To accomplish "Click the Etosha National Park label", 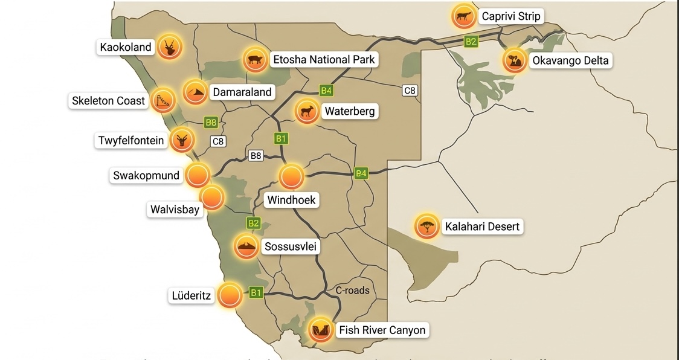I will tap(324, 59).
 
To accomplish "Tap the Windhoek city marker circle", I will tap(291, 176).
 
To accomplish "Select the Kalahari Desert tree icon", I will tap(427, 226).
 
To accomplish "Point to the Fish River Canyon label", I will tap(382, 330).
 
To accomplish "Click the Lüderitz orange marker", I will tap(230, 295).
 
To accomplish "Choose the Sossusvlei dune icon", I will tap(246, 246).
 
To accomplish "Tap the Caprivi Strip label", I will tap(510, 16).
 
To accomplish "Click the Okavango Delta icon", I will tap(514, 60).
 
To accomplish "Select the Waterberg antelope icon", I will tap(307, 111).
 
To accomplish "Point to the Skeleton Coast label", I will tap(109, 101).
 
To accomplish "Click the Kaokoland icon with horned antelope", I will tap(170, 47).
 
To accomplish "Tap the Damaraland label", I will tap(242, 92).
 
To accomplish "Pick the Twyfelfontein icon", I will tap(182, 140).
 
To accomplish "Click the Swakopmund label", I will tap(146, 176).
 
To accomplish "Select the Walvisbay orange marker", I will tap(211, 198).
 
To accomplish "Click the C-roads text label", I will tap(352, 290).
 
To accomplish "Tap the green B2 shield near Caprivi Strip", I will tap(471, 41).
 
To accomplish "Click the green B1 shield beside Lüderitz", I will tap(256, 293).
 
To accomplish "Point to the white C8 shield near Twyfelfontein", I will tap(218, 142).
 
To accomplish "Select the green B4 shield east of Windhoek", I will tap(361, 173).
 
